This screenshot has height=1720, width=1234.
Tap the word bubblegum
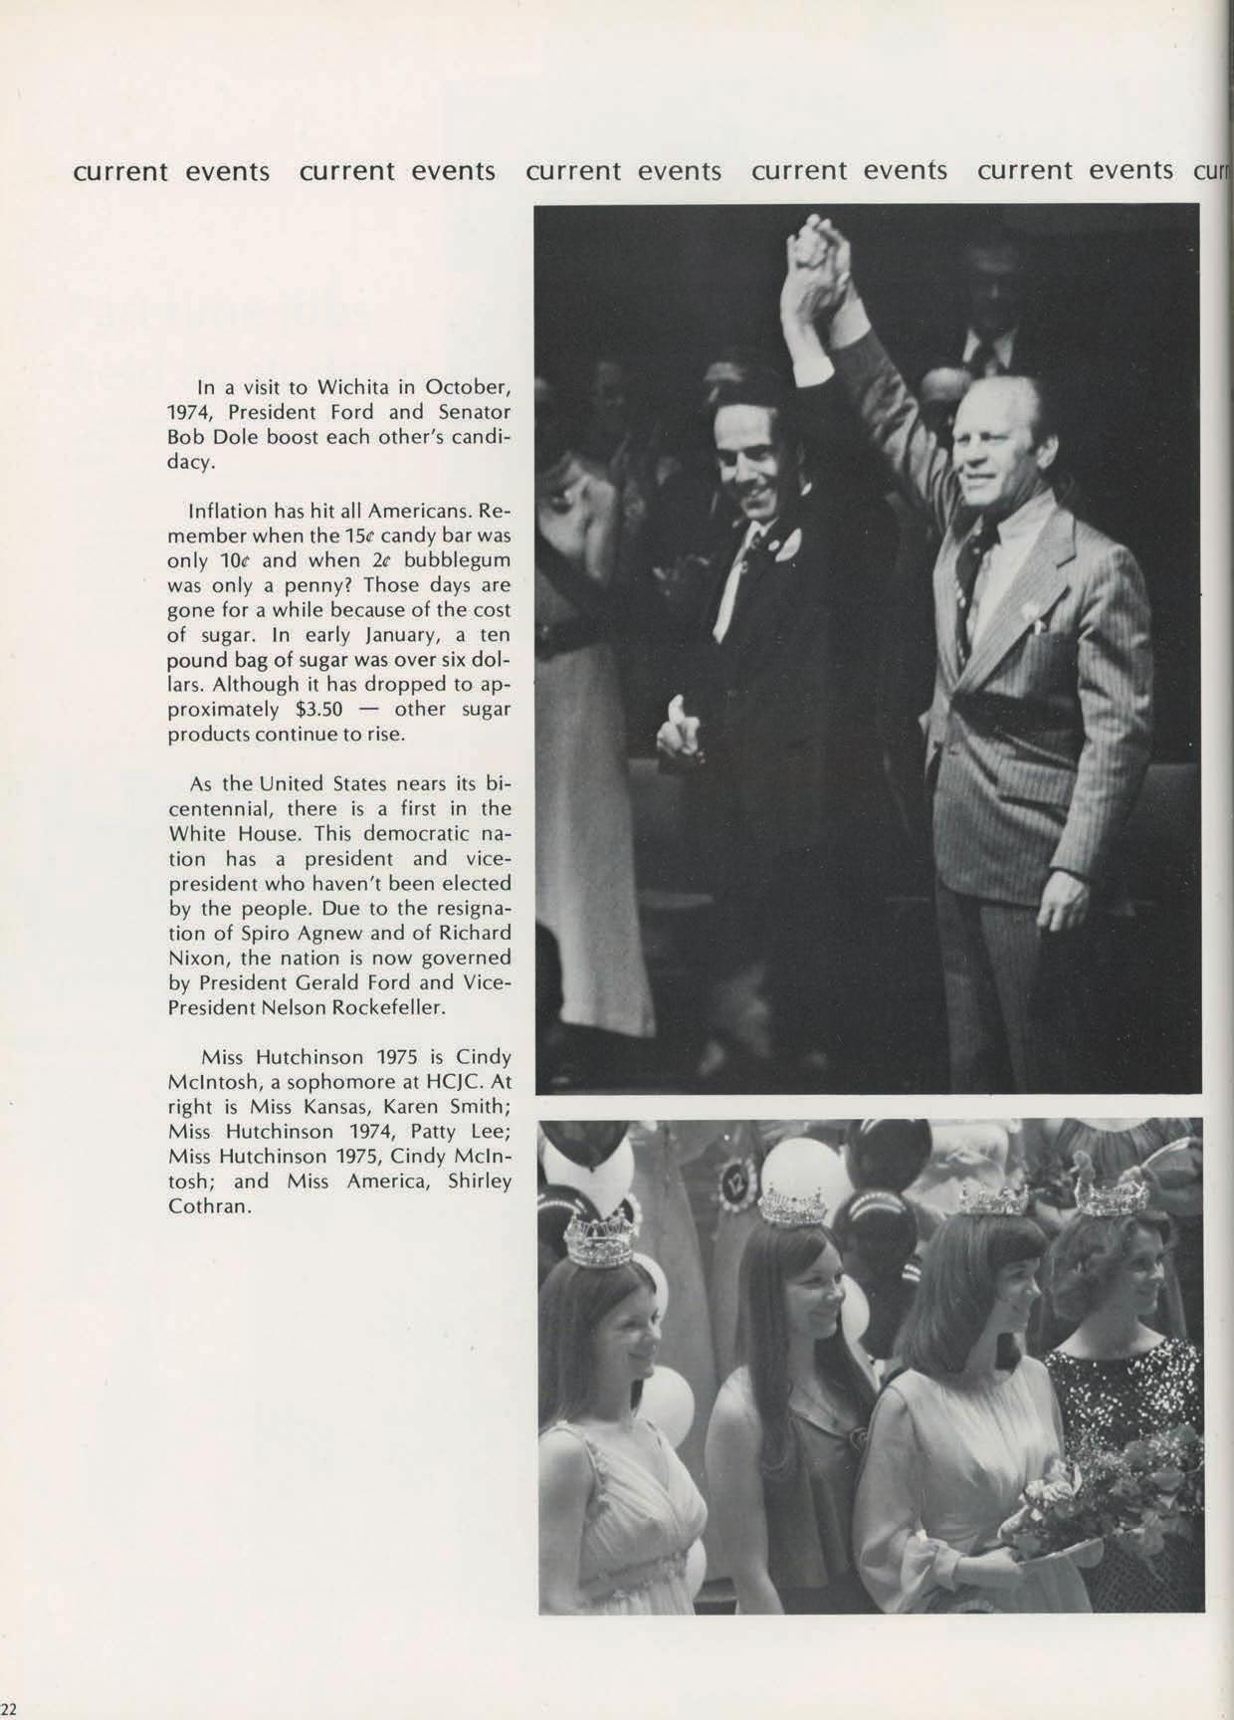coord(457,560)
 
